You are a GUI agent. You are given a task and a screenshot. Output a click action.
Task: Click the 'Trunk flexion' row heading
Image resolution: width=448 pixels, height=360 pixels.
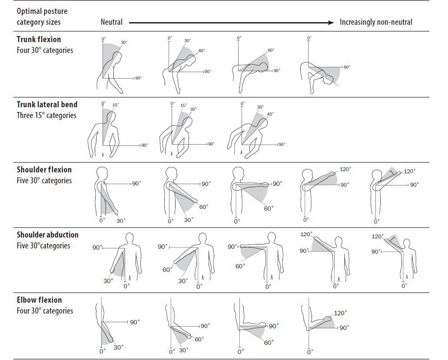[39, 40]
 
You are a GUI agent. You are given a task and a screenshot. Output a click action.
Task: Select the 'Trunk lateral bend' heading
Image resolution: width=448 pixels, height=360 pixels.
[47, 105]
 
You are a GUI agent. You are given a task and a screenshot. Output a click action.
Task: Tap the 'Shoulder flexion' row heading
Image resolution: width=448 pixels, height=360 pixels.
[44, 170]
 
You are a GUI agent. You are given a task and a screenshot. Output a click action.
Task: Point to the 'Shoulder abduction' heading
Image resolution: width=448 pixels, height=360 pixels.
[47, 235]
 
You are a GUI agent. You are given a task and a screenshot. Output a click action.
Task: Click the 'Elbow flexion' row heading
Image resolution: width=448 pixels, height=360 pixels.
[39, 300]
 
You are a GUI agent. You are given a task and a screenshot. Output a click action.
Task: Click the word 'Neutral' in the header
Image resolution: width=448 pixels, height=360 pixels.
[111, 22]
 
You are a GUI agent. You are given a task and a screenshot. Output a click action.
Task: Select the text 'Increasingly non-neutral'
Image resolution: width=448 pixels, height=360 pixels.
[376, 22]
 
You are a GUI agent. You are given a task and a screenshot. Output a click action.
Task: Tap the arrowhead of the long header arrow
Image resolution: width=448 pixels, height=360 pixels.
[332, 22]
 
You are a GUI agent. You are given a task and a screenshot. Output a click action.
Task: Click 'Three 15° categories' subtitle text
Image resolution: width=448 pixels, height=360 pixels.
[46, 116]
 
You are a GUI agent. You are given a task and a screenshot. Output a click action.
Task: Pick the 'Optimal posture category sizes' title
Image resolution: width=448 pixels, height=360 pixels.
[42, 17]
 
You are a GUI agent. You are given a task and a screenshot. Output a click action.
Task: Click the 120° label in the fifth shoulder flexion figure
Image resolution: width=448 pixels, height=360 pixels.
[409, 172]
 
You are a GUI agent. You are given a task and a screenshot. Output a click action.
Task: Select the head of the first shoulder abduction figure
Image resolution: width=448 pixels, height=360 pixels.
[129, 239]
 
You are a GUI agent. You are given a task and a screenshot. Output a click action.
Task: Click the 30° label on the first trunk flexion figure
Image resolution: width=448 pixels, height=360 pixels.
[124, 43]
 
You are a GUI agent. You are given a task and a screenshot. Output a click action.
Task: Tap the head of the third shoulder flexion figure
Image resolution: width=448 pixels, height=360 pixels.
[238, 172]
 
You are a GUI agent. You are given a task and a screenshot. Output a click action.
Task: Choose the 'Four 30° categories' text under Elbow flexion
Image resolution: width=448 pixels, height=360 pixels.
[45, 311]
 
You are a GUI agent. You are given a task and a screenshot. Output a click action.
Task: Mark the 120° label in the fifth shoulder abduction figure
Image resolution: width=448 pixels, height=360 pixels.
[377, 237]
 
